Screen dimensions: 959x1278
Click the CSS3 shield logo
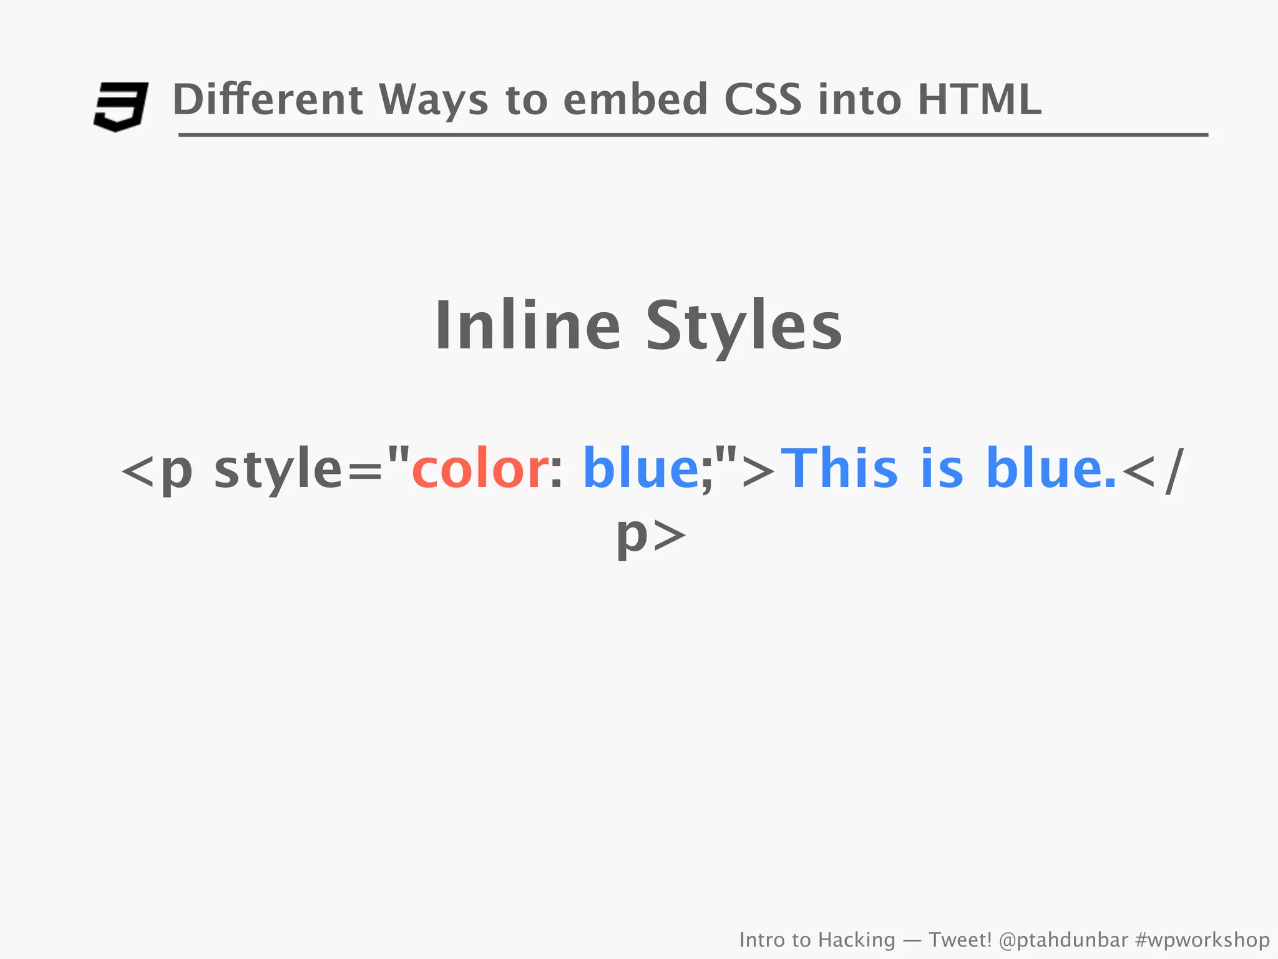[120, 106]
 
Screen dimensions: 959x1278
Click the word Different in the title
[267, 100]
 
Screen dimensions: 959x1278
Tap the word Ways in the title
[433, 100]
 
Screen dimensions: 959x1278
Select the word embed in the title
[635, 100]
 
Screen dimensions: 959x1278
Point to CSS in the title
[763, 100]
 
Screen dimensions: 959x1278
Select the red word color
[480, 468]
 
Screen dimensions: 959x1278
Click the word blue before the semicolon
[641, 468]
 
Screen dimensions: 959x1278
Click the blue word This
[840, 468]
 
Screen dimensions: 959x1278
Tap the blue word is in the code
[942, 468]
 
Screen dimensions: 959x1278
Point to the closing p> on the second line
[651, 534]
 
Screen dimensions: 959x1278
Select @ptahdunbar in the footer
[1063, 940]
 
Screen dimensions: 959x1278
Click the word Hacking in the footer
[856, 940]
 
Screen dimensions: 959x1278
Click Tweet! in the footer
[960, 940]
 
